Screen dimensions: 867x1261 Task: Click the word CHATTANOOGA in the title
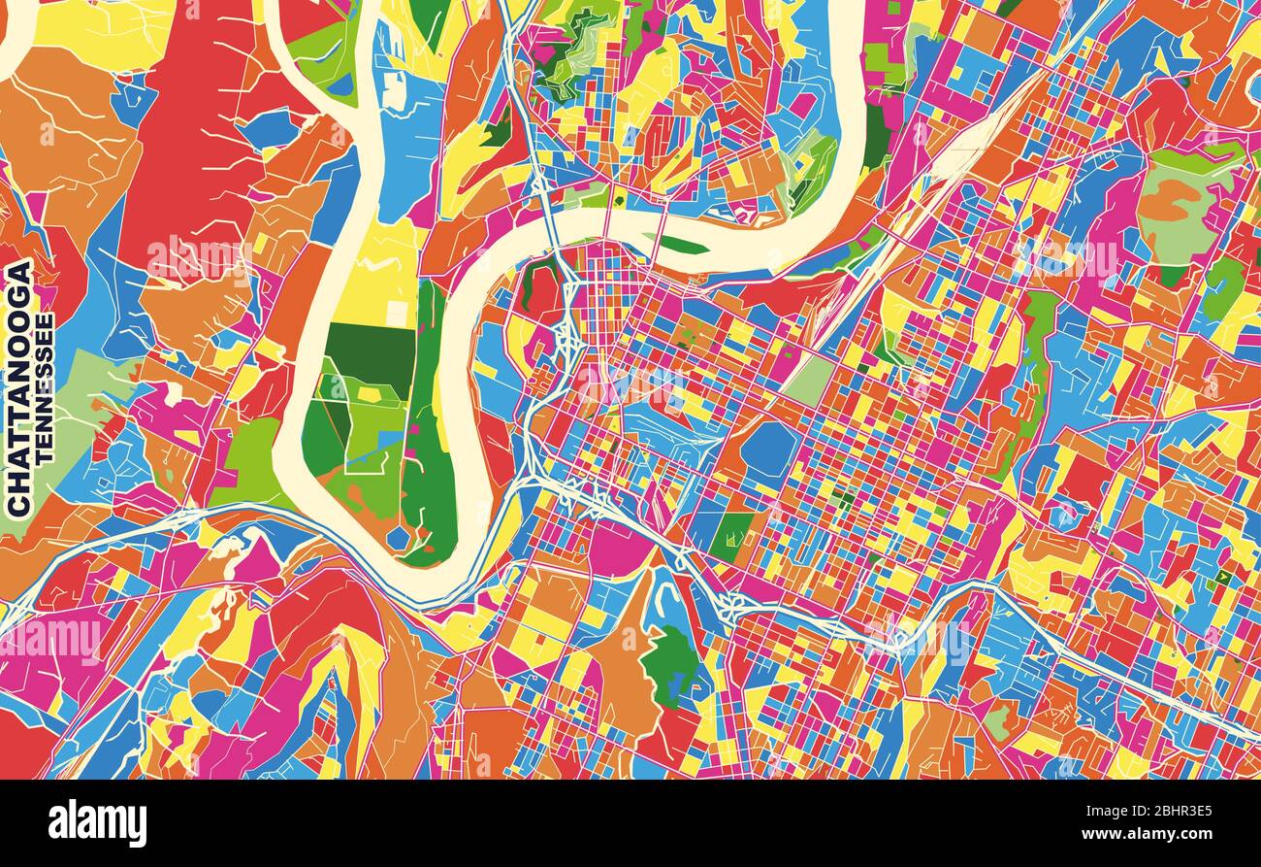click(18, 387)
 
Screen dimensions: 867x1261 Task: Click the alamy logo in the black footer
click(97, 823)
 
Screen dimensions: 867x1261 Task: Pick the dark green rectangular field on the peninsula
click(369, 350)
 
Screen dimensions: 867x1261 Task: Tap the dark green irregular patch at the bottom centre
click(668, 666)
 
